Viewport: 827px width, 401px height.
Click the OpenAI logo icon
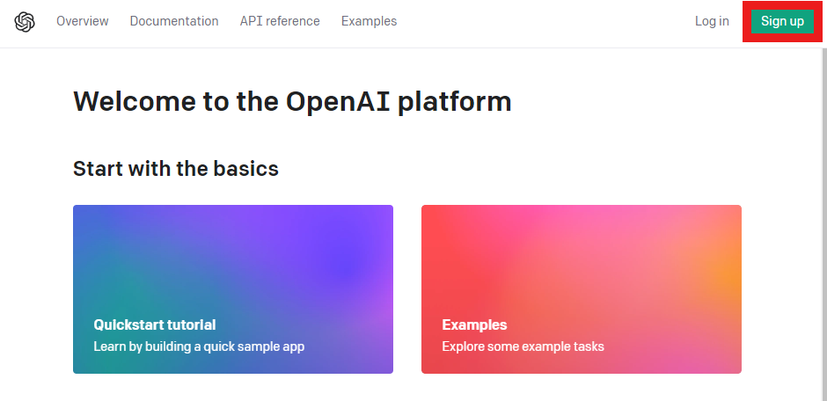[x=25, y=22]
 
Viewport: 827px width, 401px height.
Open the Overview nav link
[x=83, y=21]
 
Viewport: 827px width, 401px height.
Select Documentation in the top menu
[x=174, y=21]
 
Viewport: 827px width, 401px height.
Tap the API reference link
[x=280, y=21]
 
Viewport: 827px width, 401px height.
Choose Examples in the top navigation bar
[x=370, y=21]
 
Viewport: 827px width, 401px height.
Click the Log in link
[x=712, y=21]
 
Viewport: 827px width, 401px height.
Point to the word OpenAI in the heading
[x=338, y=101]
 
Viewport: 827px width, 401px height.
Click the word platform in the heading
[x=455, y=102]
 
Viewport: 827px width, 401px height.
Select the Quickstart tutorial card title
[x=155, y=324]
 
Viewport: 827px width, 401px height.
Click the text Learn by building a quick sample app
[x=199, y=346]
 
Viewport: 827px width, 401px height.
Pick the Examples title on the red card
[x=475, y=324]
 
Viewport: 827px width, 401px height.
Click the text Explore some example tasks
[x=523, y=346]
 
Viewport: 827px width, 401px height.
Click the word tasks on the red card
[x=589, y=346]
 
